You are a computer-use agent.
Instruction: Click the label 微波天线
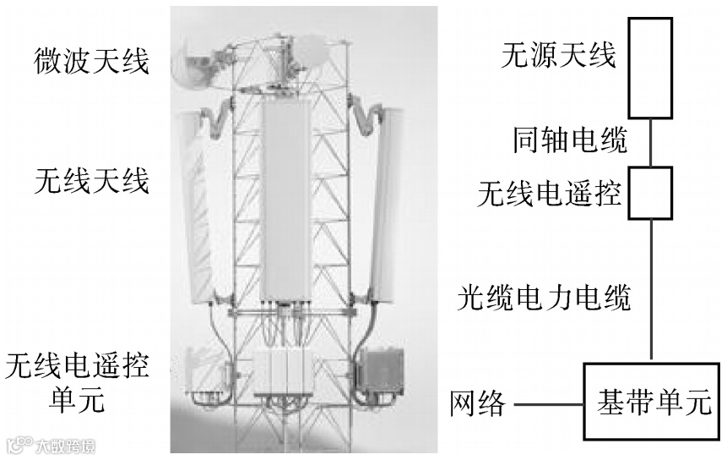(x=92, y=60)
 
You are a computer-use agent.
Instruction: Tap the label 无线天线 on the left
(x=92, y=180)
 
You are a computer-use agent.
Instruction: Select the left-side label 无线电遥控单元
(x=77, y=381)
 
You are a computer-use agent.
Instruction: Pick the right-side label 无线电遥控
(x=549, y=195)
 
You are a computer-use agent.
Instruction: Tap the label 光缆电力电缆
(x=545, y=297)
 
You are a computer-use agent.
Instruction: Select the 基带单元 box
(x=649, y=401)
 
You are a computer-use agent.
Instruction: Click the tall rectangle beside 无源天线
(x=650, y=68)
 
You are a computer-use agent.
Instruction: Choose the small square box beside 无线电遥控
(x=651, y=194)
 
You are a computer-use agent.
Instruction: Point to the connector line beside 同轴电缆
(x=651, y=142)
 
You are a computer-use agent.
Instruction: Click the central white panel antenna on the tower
(x=285, y=199)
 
